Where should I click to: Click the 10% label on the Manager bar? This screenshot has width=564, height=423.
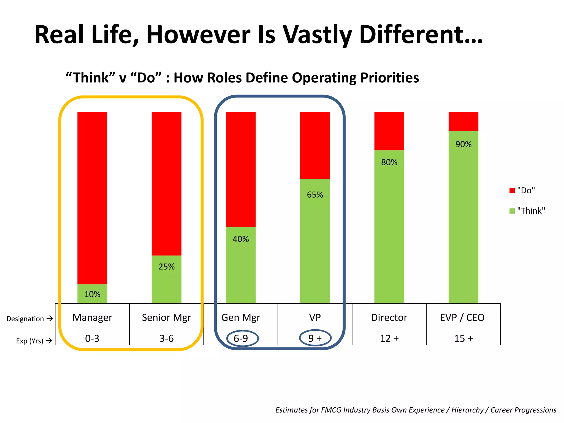coord(92,294)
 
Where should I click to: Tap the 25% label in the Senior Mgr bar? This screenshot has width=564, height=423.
coord(167,267)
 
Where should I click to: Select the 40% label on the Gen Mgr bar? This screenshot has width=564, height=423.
coord(241,239)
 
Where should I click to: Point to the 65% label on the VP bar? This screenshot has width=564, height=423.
coord(315,195)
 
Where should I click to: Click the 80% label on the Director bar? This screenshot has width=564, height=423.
coord(389,162)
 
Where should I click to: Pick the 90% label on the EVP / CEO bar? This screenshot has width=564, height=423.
coord(463,144)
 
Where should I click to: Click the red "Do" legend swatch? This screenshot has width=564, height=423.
coord(512,191)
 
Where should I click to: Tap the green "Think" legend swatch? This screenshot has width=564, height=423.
coord(512,211)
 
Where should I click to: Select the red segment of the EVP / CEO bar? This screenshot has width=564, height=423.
coord(463,121)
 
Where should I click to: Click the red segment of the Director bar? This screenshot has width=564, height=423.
coord(389,131)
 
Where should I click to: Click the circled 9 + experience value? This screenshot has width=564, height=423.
coord(315,338)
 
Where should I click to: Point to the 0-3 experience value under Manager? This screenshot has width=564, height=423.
coord(92,338)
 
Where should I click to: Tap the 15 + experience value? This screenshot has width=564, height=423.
coord(463,338)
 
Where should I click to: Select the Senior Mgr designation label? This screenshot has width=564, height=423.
coord(166,318)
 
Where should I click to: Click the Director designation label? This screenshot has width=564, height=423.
coord(389,318)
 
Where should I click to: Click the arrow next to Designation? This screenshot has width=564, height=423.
coord(50,319)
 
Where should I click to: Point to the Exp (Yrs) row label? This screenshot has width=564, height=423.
coord(29,341)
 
